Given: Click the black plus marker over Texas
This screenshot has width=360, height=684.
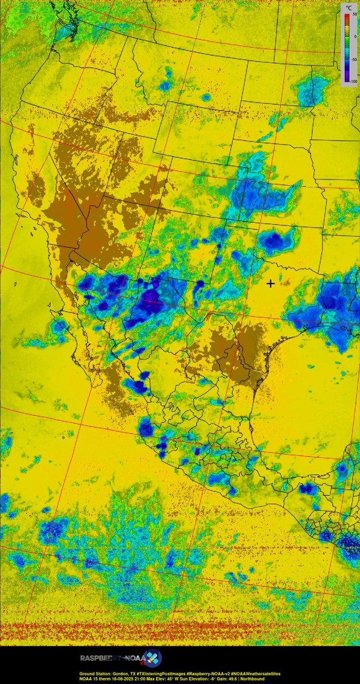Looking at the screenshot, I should point(271,283).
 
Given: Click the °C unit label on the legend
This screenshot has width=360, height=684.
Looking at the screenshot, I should point(349,7).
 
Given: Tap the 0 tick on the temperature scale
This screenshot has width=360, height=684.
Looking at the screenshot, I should point(354,36).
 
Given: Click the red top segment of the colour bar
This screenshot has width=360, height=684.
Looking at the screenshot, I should point(345,17).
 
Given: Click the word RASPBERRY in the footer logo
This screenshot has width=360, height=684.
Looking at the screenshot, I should point(101,658).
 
